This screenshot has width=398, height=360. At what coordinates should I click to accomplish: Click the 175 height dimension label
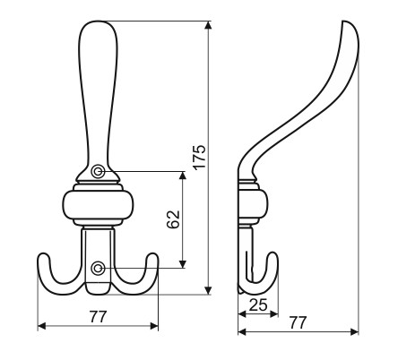199,158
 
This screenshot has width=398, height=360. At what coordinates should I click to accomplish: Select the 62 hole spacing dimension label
173,219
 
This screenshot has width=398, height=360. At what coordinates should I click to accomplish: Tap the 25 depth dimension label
258,304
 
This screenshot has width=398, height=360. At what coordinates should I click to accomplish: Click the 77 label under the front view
98,317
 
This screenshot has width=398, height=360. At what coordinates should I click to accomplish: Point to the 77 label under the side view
298,322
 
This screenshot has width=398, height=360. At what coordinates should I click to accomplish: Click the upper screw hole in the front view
98,172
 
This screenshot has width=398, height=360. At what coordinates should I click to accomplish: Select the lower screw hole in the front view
98,268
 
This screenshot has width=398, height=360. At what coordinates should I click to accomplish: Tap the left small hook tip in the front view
44,255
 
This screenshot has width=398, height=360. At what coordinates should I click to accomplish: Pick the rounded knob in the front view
98,205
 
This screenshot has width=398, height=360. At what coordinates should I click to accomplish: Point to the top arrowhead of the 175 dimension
209,25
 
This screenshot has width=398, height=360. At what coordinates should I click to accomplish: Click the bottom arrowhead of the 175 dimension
209,290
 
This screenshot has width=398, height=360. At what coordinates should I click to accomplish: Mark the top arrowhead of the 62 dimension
183,176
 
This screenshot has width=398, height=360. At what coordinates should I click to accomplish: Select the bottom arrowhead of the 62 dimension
183,264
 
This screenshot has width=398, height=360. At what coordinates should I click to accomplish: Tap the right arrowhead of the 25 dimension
274,313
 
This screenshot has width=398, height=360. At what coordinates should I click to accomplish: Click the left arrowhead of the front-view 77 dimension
42,326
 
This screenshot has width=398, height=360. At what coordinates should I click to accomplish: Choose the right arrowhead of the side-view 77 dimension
354,331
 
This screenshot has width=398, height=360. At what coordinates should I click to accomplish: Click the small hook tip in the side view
273,254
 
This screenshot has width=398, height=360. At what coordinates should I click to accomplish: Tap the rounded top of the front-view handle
98,22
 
